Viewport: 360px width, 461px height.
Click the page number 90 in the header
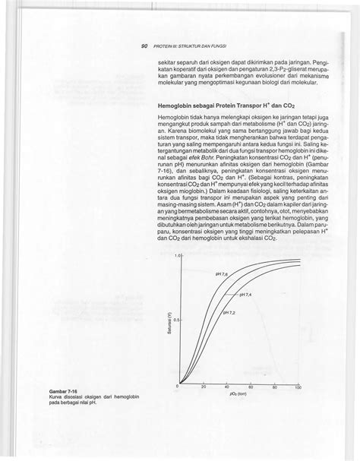click(x=144, y=46)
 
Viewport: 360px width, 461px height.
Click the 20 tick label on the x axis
click(x=204, y=387)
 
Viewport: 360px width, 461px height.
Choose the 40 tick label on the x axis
click(x=228, y=387)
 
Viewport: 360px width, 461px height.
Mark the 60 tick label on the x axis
click(x=251, y=387)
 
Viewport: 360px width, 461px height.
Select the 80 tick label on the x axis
click(x=275, y=387)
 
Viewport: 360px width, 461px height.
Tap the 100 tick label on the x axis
click(x=298, y=387)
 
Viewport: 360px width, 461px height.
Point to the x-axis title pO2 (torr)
click(x=237, y=394)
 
